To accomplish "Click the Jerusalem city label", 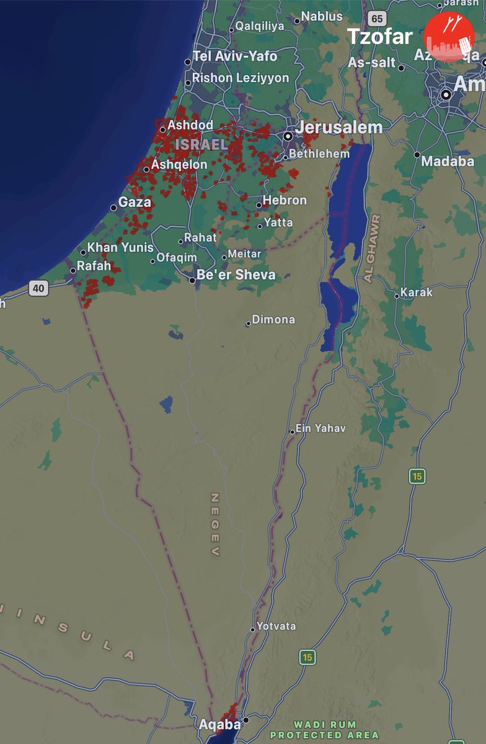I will click(x=339, y=127).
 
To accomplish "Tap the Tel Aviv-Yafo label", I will click(x=235, y=56).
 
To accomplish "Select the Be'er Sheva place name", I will click(x=236, y=275).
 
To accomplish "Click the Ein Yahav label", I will click(x=320, y=428).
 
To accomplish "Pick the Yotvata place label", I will click(x=276, y=626).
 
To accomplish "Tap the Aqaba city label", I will click(x=219, y=724).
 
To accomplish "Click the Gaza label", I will click(x=135, y=202).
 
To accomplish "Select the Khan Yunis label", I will click(x=120, y=247).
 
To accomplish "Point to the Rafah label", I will click(x=94, y=266).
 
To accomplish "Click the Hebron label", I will click(x=285, y=200).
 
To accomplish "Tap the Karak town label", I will click(x=417, y=292).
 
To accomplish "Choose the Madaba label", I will click(x=448, y=161).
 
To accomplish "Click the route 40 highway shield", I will click(x=38, y=288).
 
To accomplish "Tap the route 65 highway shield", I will click(x=377, y=19).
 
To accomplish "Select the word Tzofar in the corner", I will click(x=379, y=37).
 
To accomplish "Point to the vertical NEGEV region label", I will click(x=215, y=525).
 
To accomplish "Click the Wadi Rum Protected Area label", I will click(x=325, y=730).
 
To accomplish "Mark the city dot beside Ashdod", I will click(x=163, y=130).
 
